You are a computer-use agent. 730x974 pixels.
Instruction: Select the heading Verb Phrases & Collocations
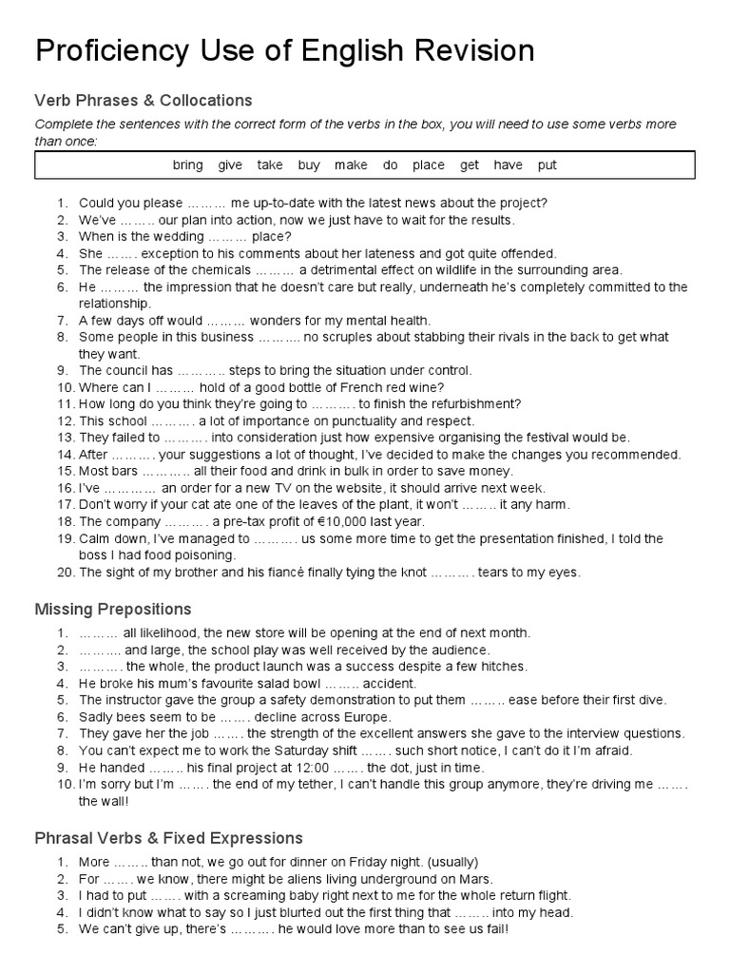[144, 100]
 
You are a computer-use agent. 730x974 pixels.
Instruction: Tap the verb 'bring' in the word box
[187, 165]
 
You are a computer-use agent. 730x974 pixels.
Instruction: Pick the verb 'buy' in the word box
[309, 165]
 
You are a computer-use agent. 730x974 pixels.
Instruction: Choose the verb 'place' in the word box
[428, 165]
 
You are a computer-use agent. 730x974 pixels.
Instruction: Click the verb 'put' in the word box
[547, 165]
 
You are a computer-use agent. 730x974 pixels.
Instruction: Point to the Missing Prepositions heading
[113, 609]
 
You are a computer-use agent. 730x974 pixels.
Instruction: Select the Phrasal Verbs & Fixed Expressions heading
[169, 838]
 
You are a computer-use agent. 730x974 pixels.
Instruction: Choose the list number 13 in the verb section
[65, 438]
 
